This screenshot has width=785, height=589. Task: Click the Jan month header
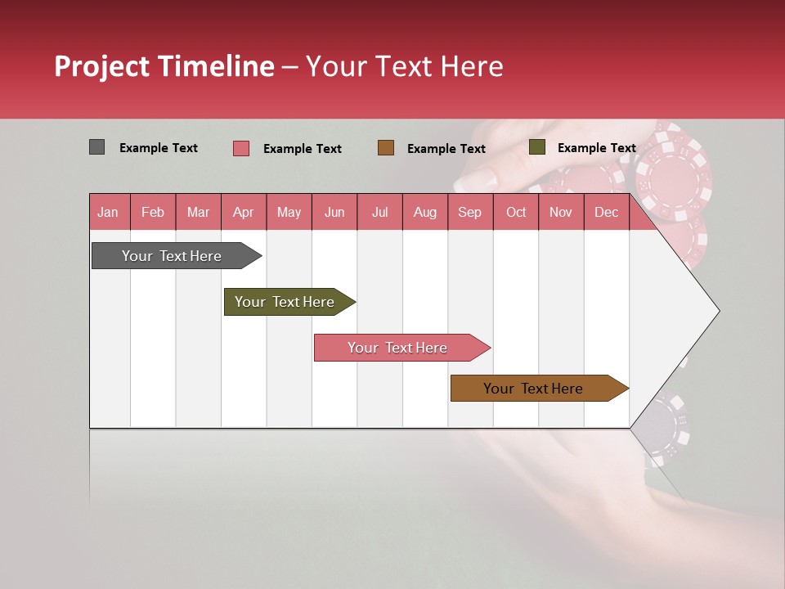[x=108, y=213]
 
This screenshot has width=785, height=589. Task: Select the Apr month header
[x=243, y=213]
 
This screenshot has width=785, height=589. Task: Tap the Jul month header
[x=379, y=213]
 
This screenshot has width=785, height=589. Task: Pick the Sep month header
[x=469, y=213]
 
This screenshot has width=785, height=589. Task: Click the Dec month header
[x=606, y=213]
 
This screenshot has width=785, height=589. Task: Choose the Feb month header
[x=153, y=213]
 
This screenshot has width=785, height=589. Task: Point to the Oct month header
[x=516, y=213]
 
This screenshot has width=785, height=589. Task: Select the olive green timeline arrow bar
[x=287, y=302]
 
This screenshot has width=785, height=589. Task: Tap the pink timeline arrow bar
[x=399, y=348]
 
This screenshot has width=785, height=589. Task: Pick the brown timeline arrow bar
[x=536, y=389]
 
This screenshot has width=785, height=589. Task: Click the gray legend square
[x=96, y=147]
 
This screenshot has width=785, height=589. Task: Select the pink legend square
[x=241, y=148]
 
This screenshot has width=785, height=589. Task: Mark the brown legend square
[x=386, y=147]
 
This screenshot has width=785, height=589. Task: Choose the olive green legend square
[x=536, y=147]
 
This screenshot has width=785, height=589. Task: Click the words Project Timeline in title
[x=164, y=66]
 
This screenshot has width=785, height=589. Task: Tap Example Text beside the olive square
[x=596, y=148]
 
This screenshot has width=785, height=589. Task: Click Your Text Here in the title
[x=404, y=66]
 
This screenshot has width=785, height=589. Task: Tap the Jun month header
[x=334, y=213]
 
